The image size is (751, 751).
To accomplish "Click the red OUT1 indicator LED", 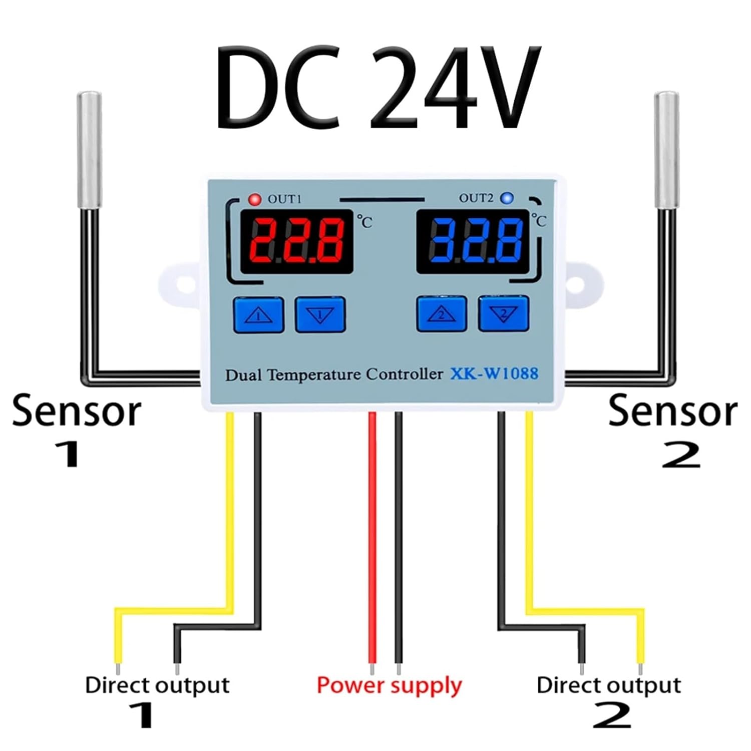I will [255, 199].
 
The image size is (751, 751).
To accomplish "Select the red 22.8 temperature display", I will [297, 241].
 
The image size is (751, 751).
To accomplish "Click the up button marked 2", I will [442, 314].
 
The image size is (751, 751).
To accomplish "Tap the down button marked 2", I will [504, 314].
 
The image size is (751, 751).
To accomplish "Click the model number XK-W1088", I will [494, 373].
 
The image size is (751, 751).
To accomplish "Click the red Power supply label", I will [389, 685].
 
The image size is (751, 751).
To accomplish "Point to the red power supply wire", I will [372, 541].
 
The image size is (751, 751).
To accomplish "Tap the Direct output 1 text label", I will [157, 685].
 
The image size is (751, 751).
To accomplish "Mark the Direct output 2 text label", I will [608, 685].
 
